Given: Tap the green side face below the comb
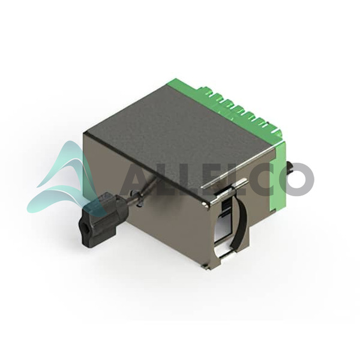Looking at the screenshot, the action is point(278,177).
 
